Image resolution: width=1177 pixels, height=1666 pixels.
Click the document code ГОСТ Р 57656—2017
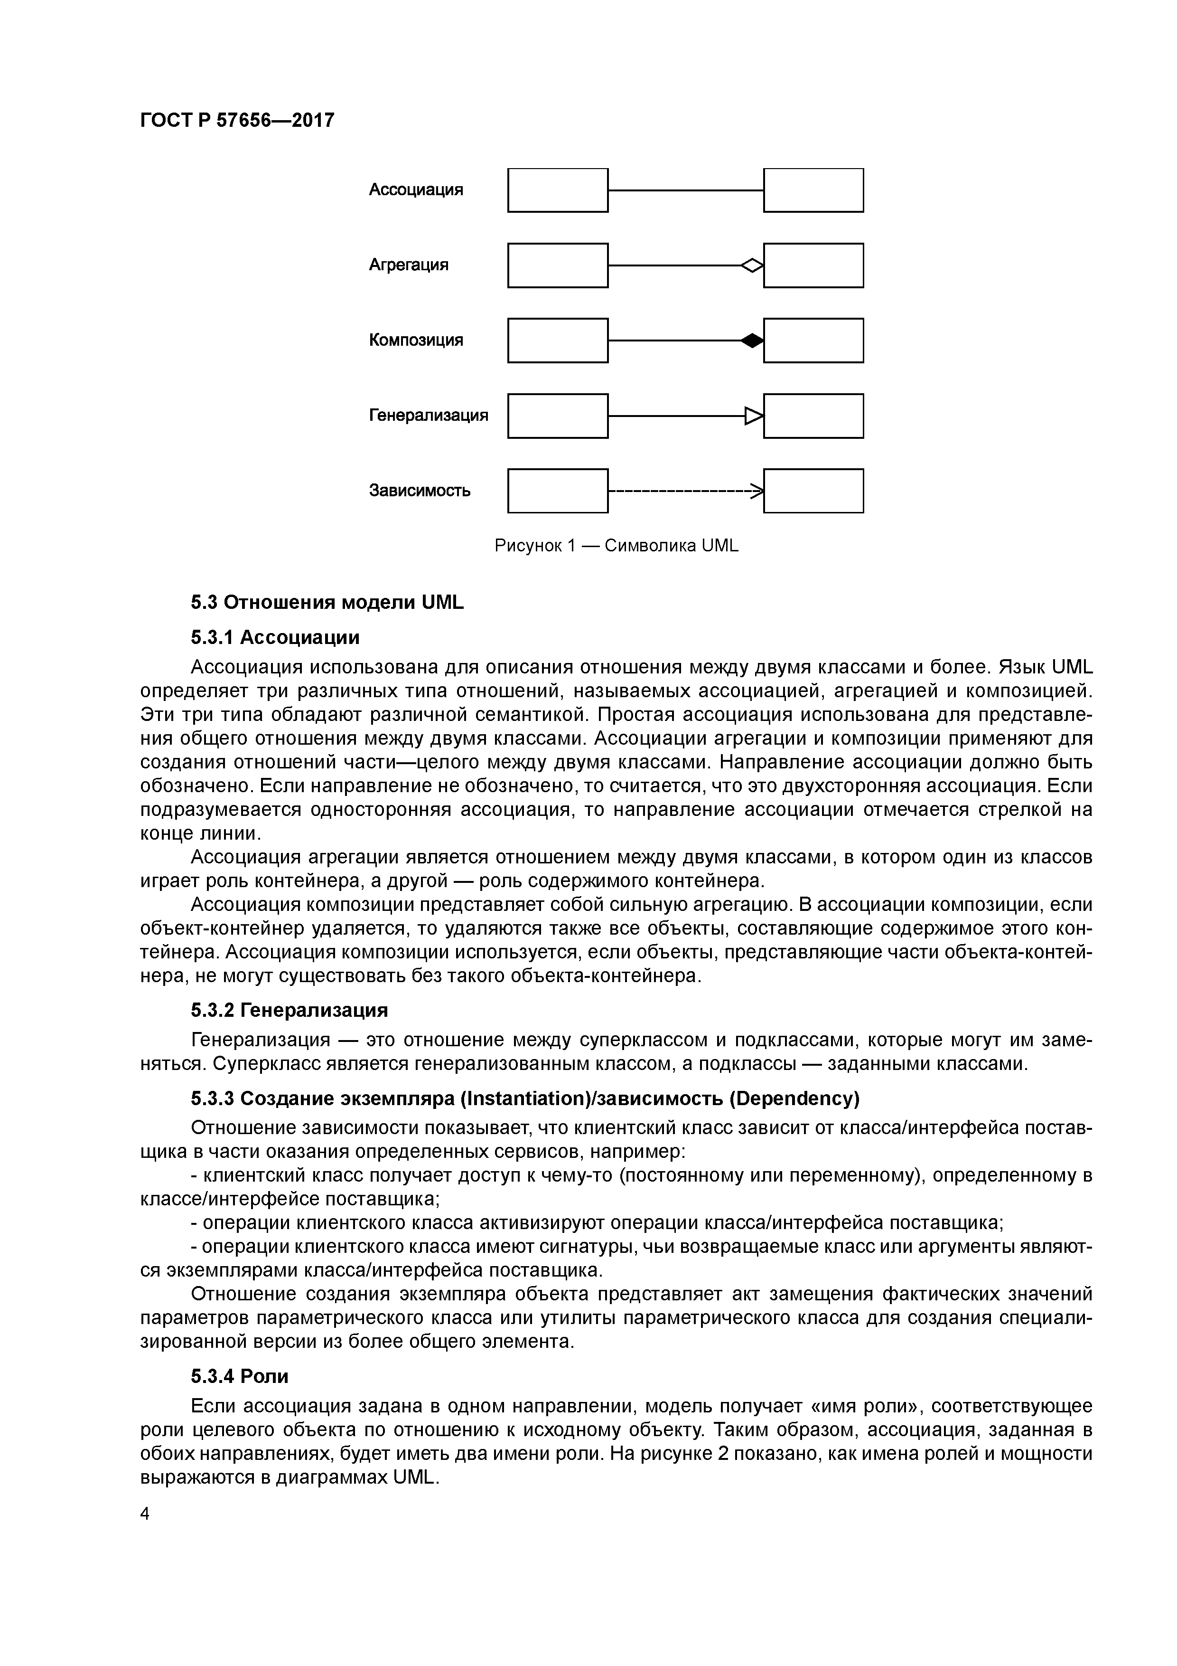pyautogui.click(x=237, y=120)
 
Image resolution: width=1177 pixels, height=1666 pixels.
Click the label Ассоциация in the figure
pyautogui.click(x=416, y=190)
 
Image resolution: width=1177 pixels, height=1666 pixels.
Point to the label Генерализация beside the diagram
pyautogui.click(x=429, y=415)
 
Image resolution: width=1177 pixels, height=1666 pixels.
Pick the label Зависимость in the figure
pyautogui.click(x=419, y=491)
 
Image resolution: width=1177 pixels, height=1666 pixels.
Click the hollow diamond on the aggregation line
pyautogui.click(x=752, y=265)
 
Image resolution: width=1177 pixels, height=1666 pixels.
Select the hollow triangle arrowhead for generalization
pyautogui.click(x=754, y=416)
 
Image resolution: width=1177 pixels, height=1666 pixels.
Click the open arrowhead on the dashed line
pyautogui.click(x=757, y=491)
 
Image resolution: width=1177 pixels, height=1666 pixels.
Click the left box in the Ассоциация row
pyautogui.click(x=557, y=190)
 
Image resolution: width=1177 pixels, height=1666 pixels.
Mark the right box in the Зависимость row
pyautogui.click(x=813, y=491)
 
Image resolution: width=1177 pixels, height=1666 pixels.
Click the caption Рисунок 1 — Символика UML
pyautogui.click(x=616, y=546)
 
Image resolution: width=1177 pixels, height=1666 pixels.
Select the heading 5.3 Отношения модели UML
pyautogui.click(x=327, y=602)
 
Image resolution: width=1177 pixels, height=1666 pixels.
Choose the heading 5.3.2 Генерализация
pyautogui.click(x=290, y=1010)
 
